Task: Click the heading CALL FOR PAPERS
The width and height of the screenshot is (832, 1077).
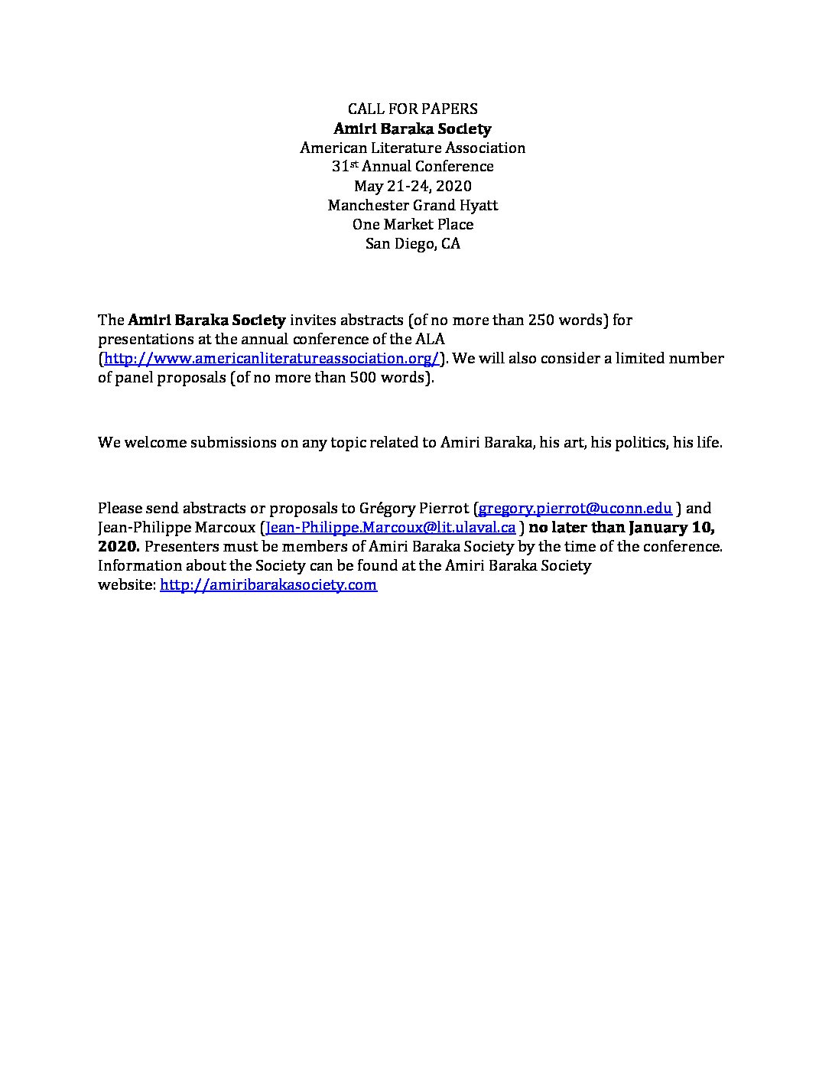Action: (412, 109)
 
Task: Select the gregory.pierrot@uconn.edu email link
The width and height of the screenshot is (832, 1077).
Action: (575, 508)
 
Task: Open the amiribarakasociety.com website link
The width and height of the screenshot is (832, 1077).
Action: (268, 584)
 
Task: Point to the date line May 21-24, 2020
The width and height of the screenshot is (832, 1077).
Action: (412, 186)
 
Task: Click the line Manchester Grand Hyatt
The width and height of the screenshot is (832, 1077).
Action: (412, 205)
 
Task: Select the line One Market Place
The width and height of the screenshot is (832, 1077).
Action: (412, 224)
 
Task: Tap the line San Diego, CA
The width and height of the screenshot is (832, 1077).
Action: (412, 244)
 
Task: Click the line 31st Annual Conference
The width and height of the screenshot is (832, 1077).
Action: (412, 166)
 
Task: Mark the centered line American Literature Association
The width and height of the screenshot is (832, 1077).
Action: (412, 148)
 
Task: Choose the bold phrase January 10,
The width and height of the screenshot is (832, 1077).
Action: (672, 527)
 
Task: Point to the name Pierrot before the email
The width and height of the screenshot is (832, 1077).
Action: (441, 508)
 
